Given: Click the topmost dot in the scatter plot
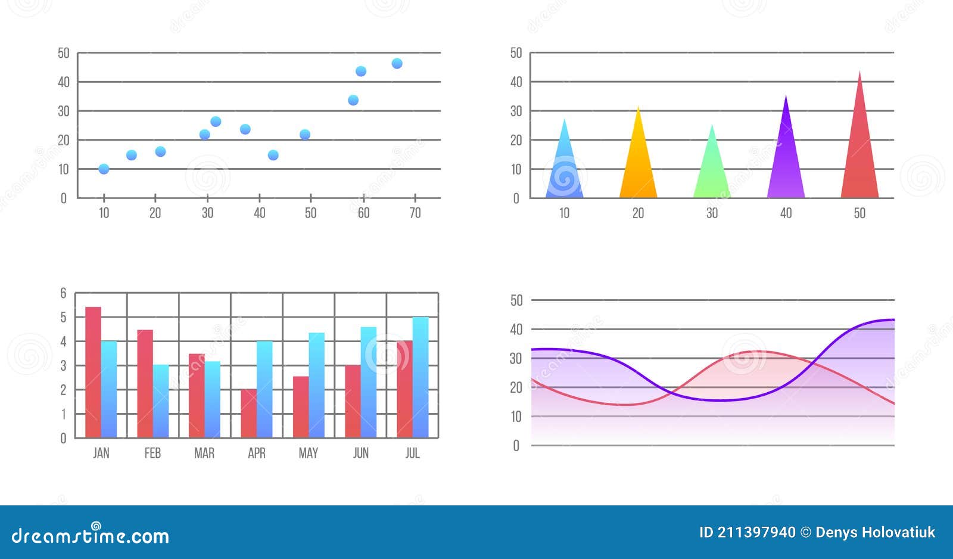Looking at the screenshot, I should click(x=397, y=64).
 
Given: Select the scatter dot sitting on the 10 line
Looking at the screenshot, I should click(x=104, y=169).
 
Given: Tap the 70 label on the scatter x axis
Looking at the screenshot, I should click(x=415, y=213).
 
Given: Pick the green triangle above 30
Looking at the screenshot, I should click(x=712, y=170).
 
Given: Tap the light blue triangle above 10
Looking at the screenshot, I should click(x=564, y=167).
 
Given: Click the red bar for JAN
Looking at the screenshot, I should click(x=93, y=372).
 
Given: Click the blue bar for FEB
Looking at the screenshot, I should click(x=161, y=401).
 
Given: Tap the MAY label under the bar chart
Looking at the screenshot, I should click(x=308, y=453).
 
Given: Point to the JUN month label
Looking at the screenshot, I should click(x=360, y=453).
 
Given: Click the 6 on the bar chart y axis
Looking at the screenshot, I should click(x=63, y=293).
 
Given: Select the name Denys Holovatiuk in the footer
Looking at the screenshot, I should click(x=875, y=532).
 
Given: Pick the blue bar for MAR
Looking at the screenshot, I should click(x=213, y=399).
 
